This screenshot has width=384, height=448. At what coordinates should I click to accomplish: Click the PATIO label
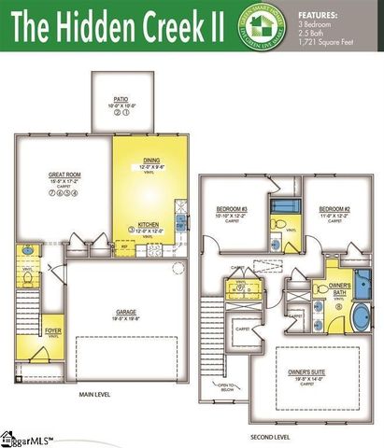[121, 97]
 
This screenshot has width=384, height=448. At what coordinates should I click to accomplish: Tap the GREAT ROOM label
[65, 174]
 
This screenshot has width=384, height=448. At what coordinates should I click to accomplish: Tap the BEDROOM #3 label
[231, 208]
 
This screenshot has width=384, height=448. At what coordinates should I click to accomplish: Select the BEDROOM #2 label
[334, 208]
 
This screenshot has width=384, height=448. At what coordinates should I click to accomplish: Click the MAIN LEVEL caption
[94, 395]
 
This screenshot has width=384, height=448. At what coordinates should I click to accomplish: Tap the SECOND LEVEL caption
[270, 437]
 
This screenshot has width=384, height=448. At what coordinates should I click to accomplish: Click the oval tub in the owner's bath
[360, 315]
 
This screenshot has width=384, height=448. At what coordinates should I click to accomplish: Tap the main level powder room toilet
[28, 277]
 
